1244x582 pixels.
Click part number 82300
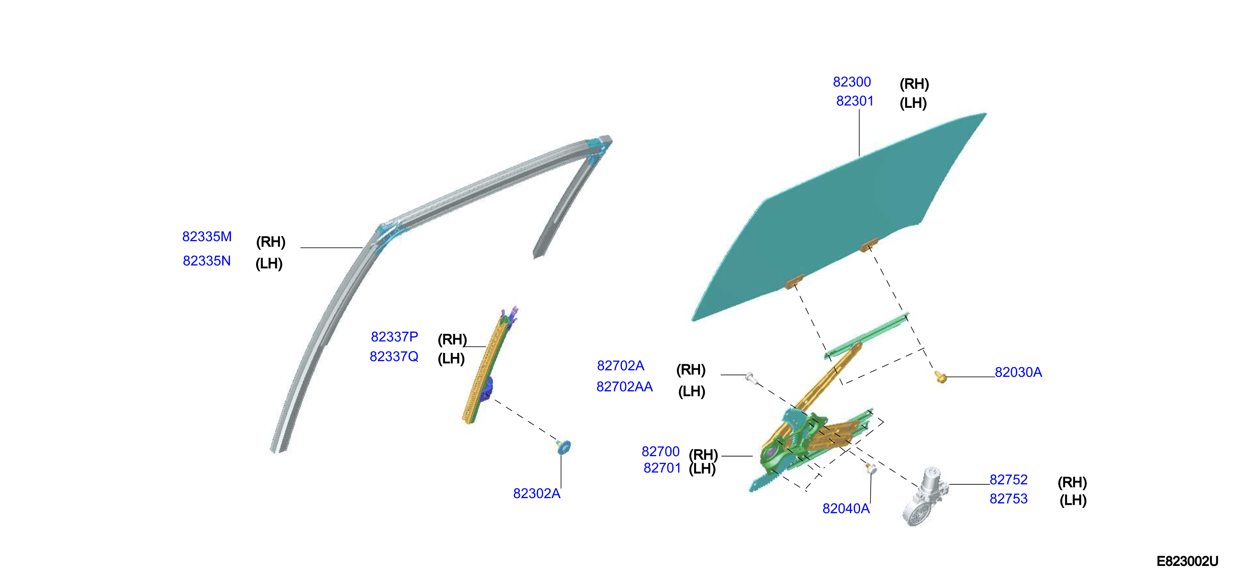852,82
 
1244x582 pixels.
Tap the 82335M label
207,236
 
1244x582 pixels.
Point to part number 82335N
207,261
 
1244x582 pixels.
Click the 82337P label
394,336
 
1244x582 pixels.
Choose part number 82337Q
394,356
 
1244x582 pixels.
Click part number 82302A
537,494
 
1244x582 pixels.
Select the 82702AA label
624,386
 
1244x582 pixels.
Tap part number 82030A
1018,373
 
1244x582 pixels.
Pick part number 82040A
846,509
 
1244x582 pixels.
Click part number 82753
1008,498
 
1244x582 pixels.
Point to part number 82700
660,451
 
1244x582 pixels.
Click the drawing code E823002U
1188,561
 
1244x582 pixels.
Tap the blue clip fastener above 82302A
564,447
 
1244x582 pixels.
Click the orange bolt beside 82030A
940,377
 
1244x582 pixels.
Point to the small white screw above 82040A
871,467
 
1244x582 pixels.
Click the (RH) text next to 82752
1072,482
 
